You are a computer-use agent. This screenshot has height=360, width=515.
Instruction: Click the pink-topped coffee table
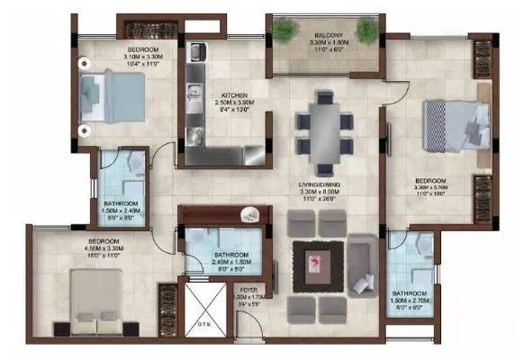[317, 264]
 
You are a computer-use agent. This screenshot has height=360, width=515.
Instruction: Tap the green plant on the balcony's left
[285, 31]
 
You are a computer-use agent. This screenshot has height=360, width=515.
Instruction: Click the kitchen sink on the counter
[193, 91]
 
